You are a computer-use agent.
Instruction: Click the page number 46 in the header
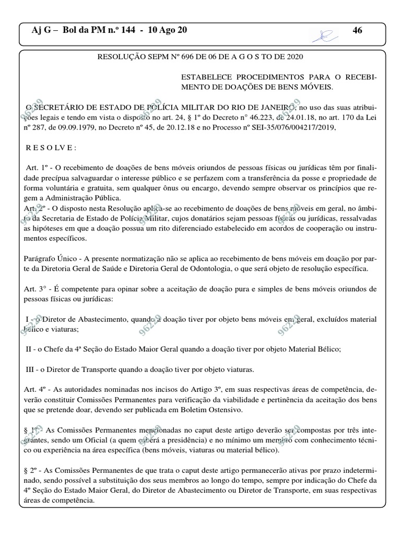pyautogui.click(x=358, y=31)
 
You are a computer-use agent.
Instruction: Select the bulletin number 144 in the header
pyautogui.click(x=127, y=30)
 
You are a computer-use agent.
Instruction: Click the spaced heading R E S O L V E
pyautogui.click(x=51, y=148)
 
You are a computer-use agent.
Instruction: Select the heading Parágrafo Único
pyautogui.click(x=51, y=259)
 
